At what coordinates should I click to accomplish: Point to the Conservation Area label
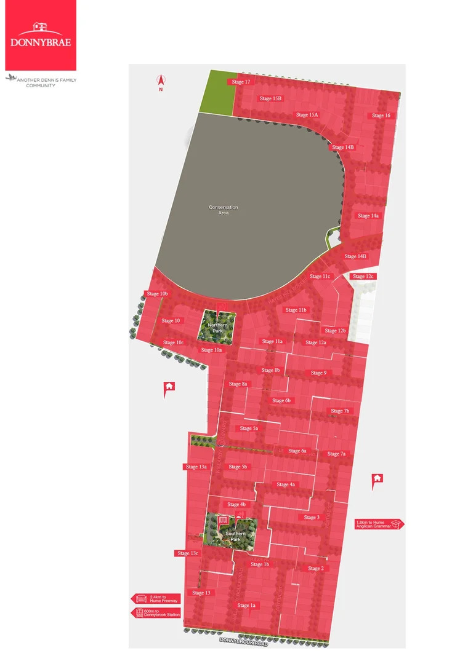point(223,210)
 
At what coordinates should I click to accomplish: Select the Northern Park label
point(217,328)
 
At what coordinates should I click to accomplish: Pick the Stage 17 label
point(241,82)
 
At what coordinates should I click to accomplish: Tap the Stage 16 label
point(381,116)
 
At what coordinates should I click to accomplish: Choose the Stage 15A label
point(306,115)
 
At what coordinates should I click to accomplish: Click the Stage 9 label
point(318,373)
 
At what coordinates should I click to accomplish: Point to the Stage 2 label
point(315,568)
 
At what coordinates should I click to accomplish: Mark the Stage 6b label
point(281,401)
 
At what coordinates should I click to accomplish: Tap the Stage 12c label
point(363,277)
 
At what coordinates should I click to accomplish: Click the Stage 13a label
point(196,467)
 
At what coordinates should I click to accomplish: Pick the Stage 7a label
point(336,454)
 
